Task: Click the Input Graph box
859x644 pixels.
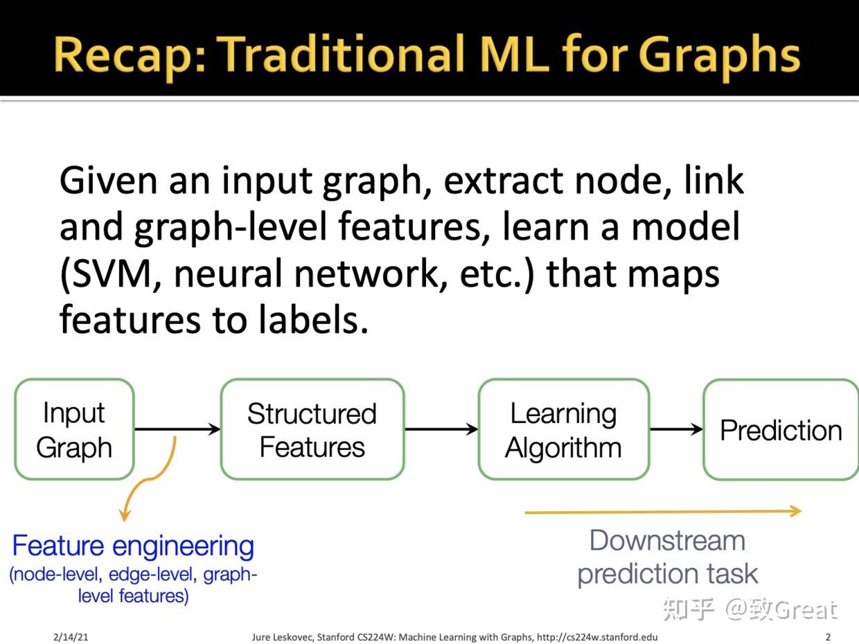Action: click(74, 429)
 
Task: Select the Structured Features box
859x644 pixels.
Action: click(312, 429)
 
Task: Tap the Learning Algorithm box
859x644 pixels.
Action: click(564, 429)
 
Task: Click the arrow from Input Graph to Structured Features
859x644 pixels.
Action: click(177, 429)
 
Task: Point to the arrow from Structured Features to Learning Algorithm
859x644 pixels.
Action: click(441, 429)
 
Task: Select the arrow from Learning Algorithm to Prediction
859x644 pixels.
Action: click(676, 429)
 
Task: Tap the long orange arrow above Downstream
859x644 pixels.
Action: click(663, 512)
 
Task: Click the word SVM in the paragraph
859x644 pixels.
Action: click(111, 273)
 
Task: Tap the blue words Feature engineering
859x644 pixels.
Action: click(133, 546)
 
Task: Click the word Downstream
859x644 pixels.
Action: click(667, 541)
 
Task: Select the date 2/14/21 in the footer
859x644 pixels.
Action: click(71, 637)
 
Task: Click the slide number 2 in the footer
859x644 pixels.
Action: click(828, 636)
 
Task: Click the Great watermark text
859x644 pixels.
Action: click(806, 609)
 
